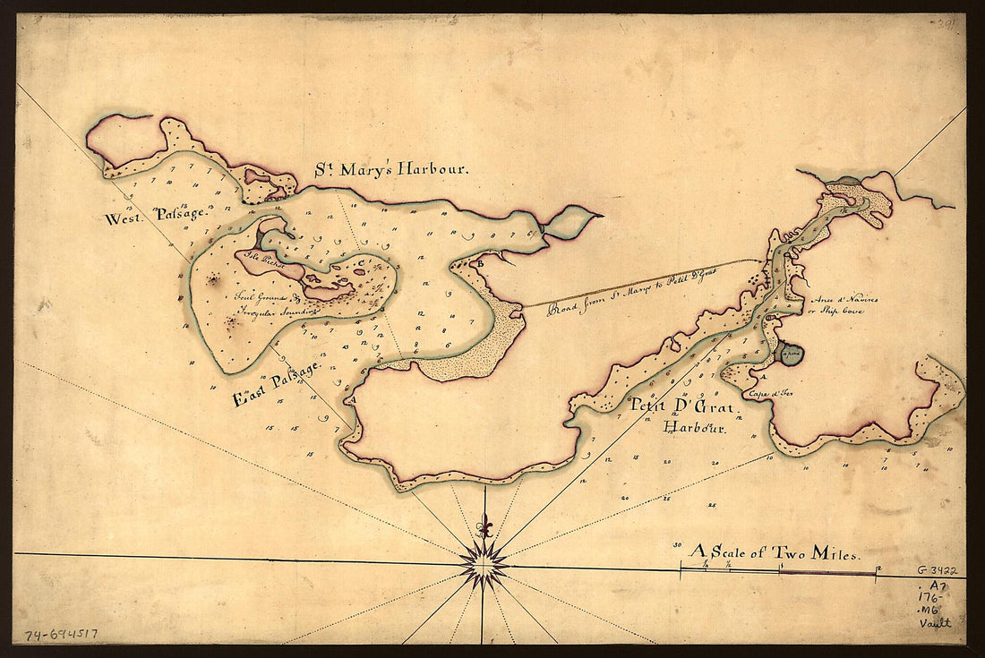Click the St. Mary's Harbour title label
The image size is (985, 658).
pyautogui.click(x=390, y=168)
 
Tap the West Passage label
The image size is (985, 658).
pyautogui.click(x=156, y=216)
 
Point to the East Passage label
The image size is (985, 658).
pyautogui.click(x=278, y=384)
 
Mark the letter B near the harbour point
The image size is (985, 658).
pyautogui.click(x=481, y=262)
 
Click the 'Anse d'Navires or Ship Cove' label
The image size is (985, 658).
pyautogui.click(x=843, y=304)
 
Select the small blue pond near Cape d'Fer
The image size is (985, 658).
pyautogui.click(x=789, y=354)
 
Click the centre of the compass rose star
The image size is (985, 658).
pyautogui.click(x=484, y=564)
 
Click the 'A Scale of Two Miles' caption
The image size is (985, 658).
pyautogui.click(x=775, y=553)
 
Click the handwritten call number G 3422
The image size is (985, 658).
pyautogui.click(x=937, y=569)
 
